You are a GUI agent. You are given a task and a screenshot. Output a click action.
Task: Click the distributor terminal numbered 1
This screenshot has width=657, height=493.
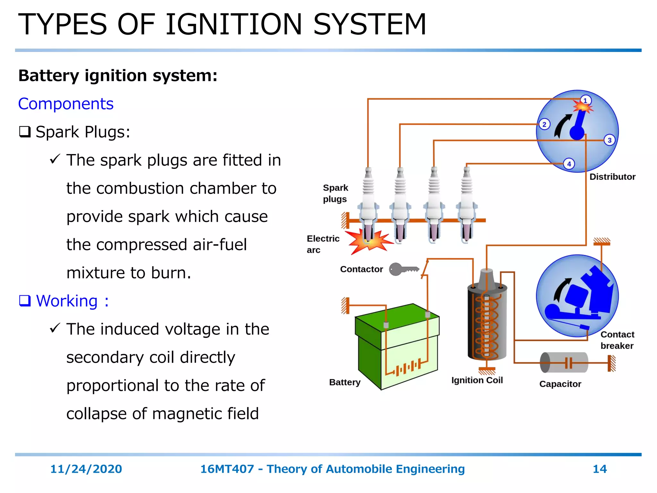pos(585,101)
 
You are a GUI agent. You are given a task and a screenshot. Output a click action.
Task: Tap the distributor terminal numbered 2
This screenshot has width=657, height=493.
pos(544,125)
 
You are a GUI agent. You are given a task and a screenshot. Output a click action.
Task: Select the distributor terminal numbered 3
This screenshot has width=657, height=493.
pos(610,140)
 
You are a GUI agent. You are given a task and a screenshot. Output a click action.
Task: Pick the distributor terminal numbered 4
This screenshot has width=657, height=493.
pos(569,164)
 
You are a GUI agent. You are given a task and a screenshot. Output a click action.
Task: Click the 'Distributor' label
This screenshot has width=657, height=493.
pos(612,177)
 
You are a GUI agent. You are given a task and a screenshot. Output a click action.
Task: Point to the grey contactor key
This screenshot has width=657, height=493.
pos(403,269)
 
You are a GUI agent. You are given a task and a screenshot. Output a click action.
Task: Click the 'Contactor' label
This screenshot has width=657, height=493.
pos(362,269)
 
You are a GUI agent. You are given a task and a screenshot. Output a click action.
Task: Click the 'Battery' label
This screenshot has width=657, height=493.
pos(345,382)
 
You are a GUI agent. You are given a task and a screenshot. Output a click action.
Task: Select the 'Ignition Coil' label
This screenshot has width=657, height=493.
pos(477,380)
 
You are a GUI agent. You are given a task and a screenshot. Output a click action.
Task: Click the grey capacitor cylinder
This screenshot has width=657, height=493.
pos(564,363)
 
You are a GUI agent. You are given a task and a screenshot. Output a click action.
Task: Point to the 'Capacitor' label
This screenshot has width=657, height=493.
pos(560,384)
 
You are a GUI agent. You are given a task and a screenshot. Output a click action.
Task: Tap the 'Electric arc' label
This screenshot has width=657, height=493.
pos(323,244)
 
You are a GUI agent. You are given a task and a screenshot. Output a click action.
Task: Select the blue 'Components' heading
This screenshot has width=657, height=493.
pos(66,104)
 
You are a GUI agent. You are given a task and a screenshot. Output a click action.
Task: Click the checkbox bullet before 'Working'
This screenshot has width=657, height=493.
pos(25,301)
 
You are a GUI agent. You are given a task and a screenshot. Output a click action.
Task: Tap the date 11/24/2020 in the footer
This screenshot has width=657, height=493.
pos(86,469)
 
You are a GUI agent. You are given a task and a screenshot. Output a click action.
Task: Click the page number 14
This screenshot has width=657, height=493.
pos(600,469)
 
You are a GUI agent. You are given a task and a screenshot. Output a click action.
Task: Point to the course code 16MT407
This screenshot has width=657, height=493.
pos(227,469)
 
